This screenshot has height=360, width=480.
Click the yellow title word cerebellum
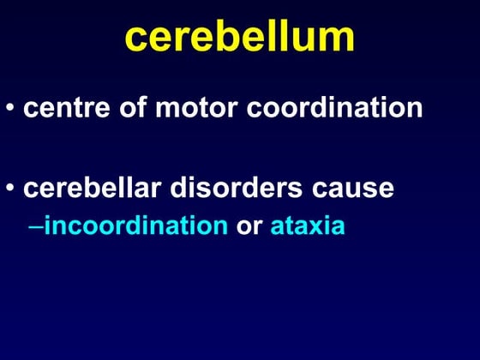click(x=240, y=37)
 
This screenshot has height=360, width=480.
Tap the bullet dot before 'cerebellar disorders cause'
click(x=10, y=189)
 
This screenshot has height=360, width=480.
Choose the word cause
click(x=353, y=189)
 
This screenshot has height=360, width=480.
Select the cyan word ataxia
click(x=308, y=226)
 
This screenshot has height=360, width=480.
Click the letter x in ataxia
click(x=317, y=228)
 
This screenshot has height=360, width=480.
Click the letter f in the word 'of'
click(x=141, y=110)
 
